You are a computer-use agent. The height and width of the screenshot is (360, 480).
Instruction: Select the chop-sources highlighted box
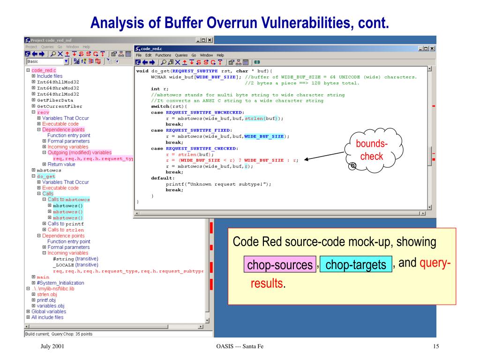tap(280, 265)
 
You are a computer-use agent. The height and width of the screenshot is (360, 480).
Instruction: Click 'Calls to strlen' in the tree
tap(66, 230)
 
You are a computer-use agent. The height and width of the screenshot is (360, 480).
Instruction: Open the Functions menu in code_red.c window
tap(164, 55)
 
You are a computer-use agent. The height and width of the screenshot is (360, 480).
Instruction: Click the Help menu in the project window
tap(86, 47)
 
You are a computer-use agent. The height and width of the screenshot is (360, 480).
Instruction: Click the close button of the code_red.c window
tap(432, 48)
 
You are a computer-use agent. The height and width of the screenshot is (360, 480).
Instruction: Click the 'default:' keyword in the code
tap(162, 178)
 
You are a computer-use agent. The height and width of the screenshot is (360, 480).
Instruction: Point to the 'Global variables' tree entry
tap(49, 311)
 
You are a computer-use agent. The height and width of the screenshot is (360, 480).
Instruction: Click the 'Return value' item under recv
tap(61, 164)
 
